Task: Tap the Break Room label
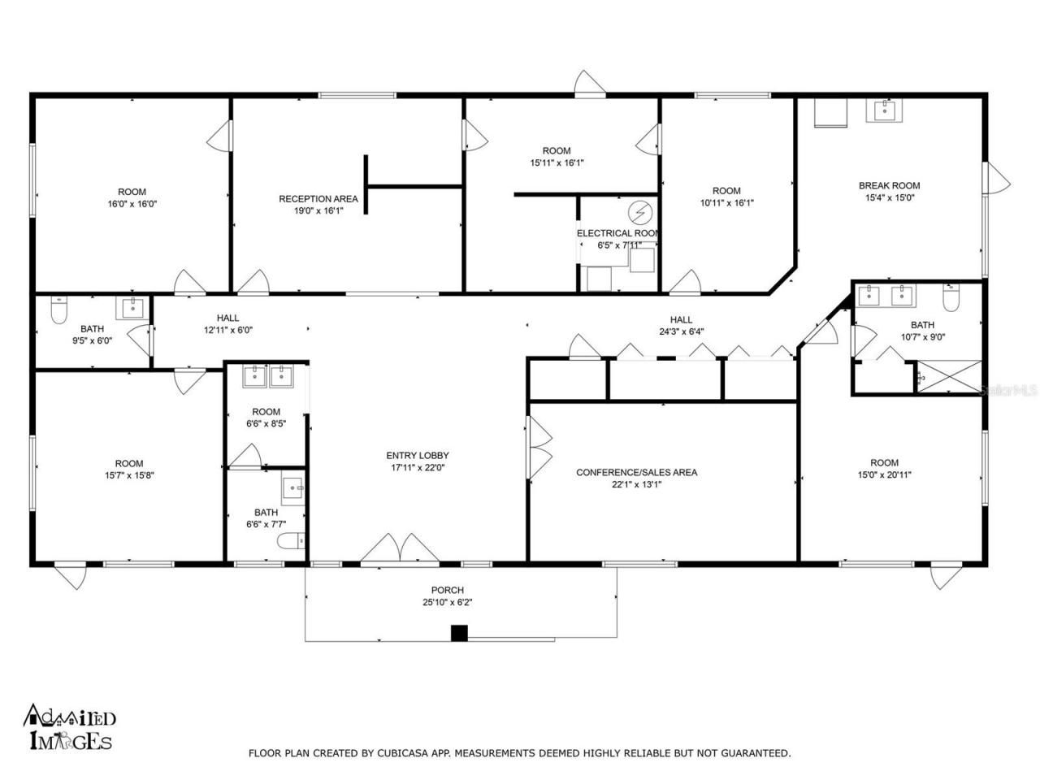pyautogui.click(x=889, y=186)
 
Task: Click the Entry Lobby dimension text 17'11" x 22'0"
pyautogui.click(x=417, y=467)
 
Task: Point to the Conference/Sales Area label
pyautogui.click(x=636, y=473)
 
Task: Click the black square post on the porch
pyautogui.click(x=460, y=633)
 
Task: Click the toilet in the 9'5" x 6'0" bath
pyautogui.click(x=58, y=309)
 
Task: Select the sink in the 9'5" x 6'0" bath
pyautogui.click(x=132, y=308)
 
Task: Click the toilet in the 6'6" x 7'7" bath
pyautogui.click(x=290, y=540)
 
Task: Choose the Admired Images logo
pyautogui.click(x=69, y=726)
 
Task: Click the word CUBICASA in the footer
pyautogui.click(x=404, y=754)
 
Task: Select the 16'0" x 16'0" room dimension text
pyautogui.click(x=132, y=204)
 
